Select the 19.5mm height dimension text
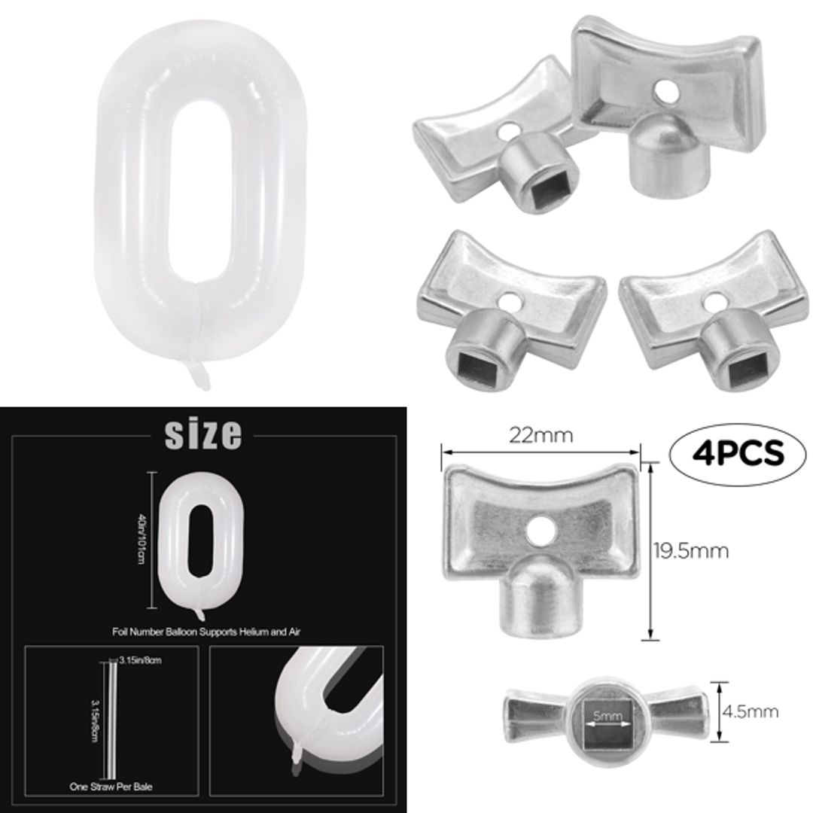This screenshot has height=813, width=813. tap(690, 550)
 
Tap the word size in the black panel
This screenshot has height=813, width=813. tap(203, 434)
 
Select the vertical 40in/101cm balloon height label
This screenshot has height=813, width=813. tap(140, 537)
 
